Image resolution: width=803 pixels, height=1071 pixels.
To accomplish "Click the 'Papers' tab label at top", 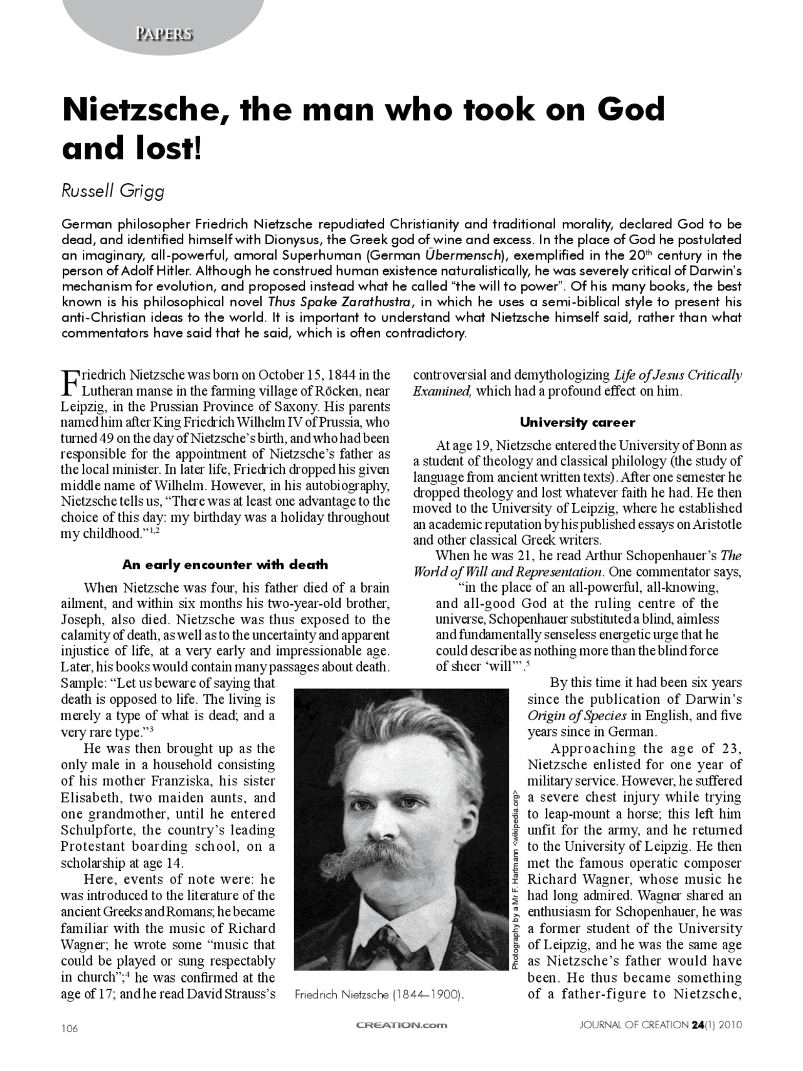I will click(x=163, y=34).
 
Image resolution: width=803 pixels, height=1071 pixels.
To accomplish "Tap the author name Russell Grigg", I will click(x=113, y=191).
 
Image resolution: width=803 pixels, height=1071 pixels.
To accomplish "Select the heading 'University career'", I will click(x=577, y=422).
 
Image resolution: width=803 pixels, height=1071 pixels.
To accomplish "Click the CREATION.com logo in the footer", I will click(x=401, y=1025).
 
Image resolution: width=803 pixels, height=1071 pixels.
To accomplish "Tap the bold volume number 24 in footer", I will click(x=697, y=1025).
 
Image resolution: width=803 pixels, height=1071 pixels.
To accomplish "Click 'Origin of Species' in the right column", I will click(x=577, y=716).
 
